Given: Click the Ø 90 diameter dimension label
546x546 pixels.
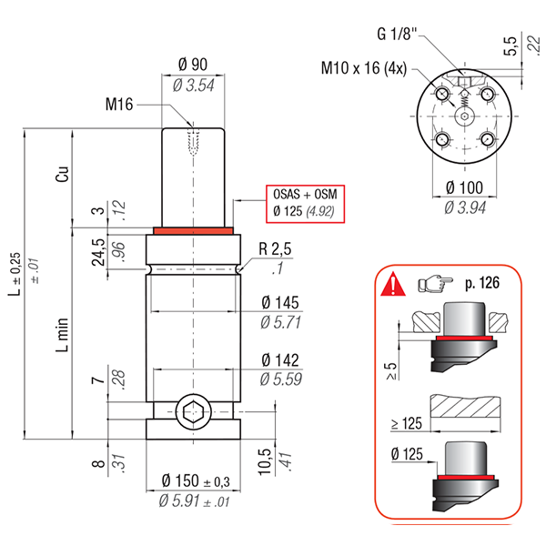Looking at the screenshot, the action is (193, 65).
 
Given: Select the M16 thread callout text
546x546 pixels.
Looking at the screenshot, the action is (119, 104).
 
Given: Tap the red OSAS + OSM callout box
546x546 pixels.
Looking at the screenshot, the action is (306, 204).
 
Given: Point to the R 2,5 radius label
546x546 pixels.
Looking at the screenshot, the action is (275, 249).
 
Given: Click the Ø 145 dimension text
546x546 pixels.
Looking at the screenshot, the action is (280, 303).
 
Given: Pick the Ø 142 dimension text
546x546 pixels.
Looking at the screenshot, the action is (280, 360).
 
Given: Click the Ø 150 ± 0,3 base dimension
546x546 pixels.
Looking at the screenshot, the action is (196, 481).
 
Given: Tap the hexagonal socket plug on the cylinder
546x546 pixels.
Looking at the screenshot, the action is (194, 412).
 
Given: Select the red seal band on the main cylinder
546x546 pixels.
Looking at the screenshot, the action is (193, 231).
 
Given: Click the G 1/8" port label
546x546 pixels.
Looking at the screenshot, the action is (397, 35).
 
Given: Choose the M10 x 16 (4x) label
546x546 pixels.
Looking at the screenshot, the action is (364, 68).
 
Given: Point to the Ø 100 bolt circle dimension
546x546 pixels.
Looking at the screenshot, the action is (464, 187).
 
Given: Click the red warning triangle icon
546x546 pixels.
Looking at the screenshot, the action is (393, 284).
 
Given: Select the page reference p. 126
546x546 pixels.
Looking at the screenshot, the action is (482, 283).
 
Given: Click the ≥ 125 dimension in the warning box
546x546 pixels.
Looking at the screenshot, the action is (407, 423).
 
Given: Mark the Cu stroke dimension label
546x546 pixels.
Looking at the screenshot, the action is (63, 174).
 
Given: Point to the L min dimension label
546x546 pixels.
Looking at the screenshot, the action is (63, 335).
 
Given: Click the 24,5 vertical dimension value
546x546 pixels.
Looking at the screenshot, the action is (98, 252).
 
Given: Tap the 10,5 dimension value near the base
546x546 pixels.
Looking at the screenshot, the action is (265, 461).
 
